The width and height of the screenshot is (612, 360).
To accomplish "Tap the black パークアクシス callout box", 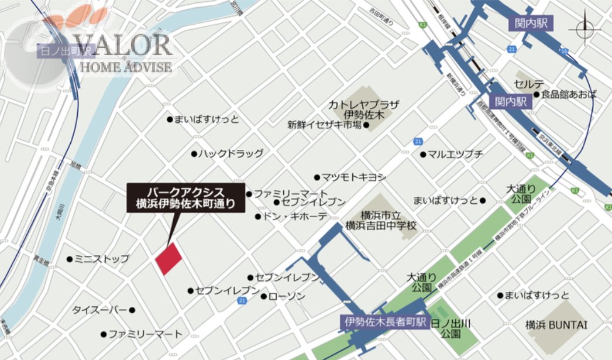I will (x=185, y=197).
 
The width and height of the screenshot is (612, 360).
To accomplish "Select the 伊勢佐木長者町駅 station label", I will (x=384, y=322).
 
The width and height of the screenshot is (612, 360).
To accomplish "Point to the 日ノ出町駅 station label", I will (x=60, y=51).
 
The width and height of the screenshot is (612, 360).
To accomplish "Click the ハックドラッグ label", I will (x=230, y=154).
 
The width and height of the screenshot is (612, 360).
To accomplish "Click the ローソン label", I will (x=287, y=296).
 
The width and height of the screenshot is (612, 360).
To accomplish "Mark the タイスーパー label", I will (x=99, y=310).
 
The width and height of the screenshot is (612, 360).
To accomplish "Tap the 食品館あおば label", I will (x=569, y=94).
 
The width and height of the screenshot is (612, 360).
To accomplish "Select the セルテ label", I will (x=529, y=84).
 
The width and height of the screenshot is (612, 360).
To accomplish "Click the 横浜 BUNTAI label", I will (x=556, y=325).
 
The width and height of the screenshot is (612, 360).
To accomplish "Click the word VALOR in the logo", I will (x=122, y=45).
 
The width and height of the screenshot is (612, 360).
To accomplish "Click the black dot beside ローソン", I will (x=264, y=296).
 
